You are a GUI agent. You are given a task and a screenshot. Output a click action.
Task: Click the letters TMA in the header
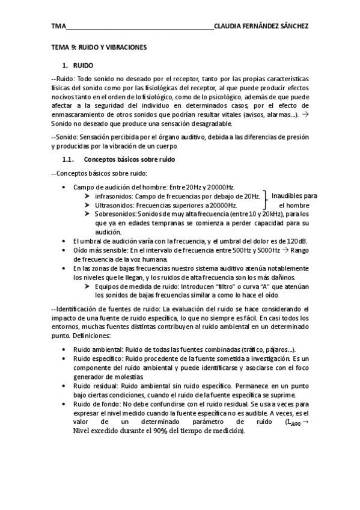(x=58, y=26)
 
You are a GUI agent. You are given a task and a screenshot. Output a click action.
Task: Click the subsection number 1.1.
(x=68, y=159)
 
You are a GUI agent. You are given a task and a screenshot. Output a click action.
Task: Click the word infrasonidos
(x=113, y=196)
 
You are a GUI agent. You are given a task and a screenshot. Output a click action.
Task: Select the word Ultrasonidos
(x=114, y=205)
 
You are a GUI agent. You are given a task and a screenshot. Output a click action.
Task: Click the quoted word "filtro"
(x=220, y=287)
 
